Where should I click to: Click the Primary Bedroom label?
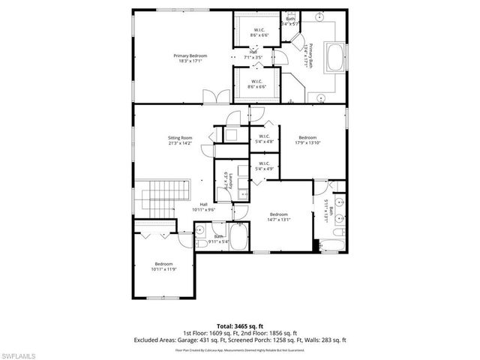pos(190,56)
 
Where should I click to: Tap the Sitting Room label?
pos(180,137)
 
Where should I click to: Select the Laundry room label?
pos(231,181)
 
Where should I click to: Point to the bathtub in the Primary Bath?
pos(334,57)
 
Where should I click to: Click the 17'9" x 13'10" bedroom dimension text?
pos(307,142)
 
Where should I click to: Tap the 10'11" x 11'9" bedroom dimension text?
pos(163,268)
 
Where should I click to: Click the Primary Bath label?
pos(310,56)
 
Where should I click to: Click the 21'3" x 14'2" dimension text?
pos(180,142)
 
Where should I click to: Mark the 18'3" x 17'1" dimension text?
pos(190,61)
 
